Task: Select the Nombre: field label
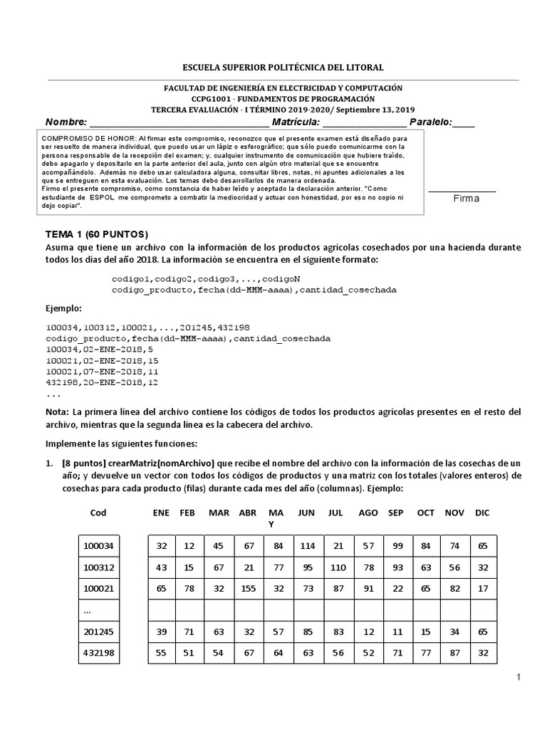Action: (x=66, y=122)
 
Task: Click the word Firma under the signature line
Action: (x=467, y=199)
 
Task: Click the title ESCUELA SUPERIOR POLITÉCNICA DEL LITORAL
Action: (x=283, y=68)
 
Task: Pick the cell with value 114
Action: (x=306, y=546)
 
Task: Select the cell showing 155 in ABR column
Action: (x=248, y=589)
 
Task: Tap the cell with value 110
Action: (x=338, y=567)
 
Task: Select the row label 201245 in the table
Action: (x=100, y=631)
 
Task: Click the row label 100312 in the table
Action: (x=100, y=567)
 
